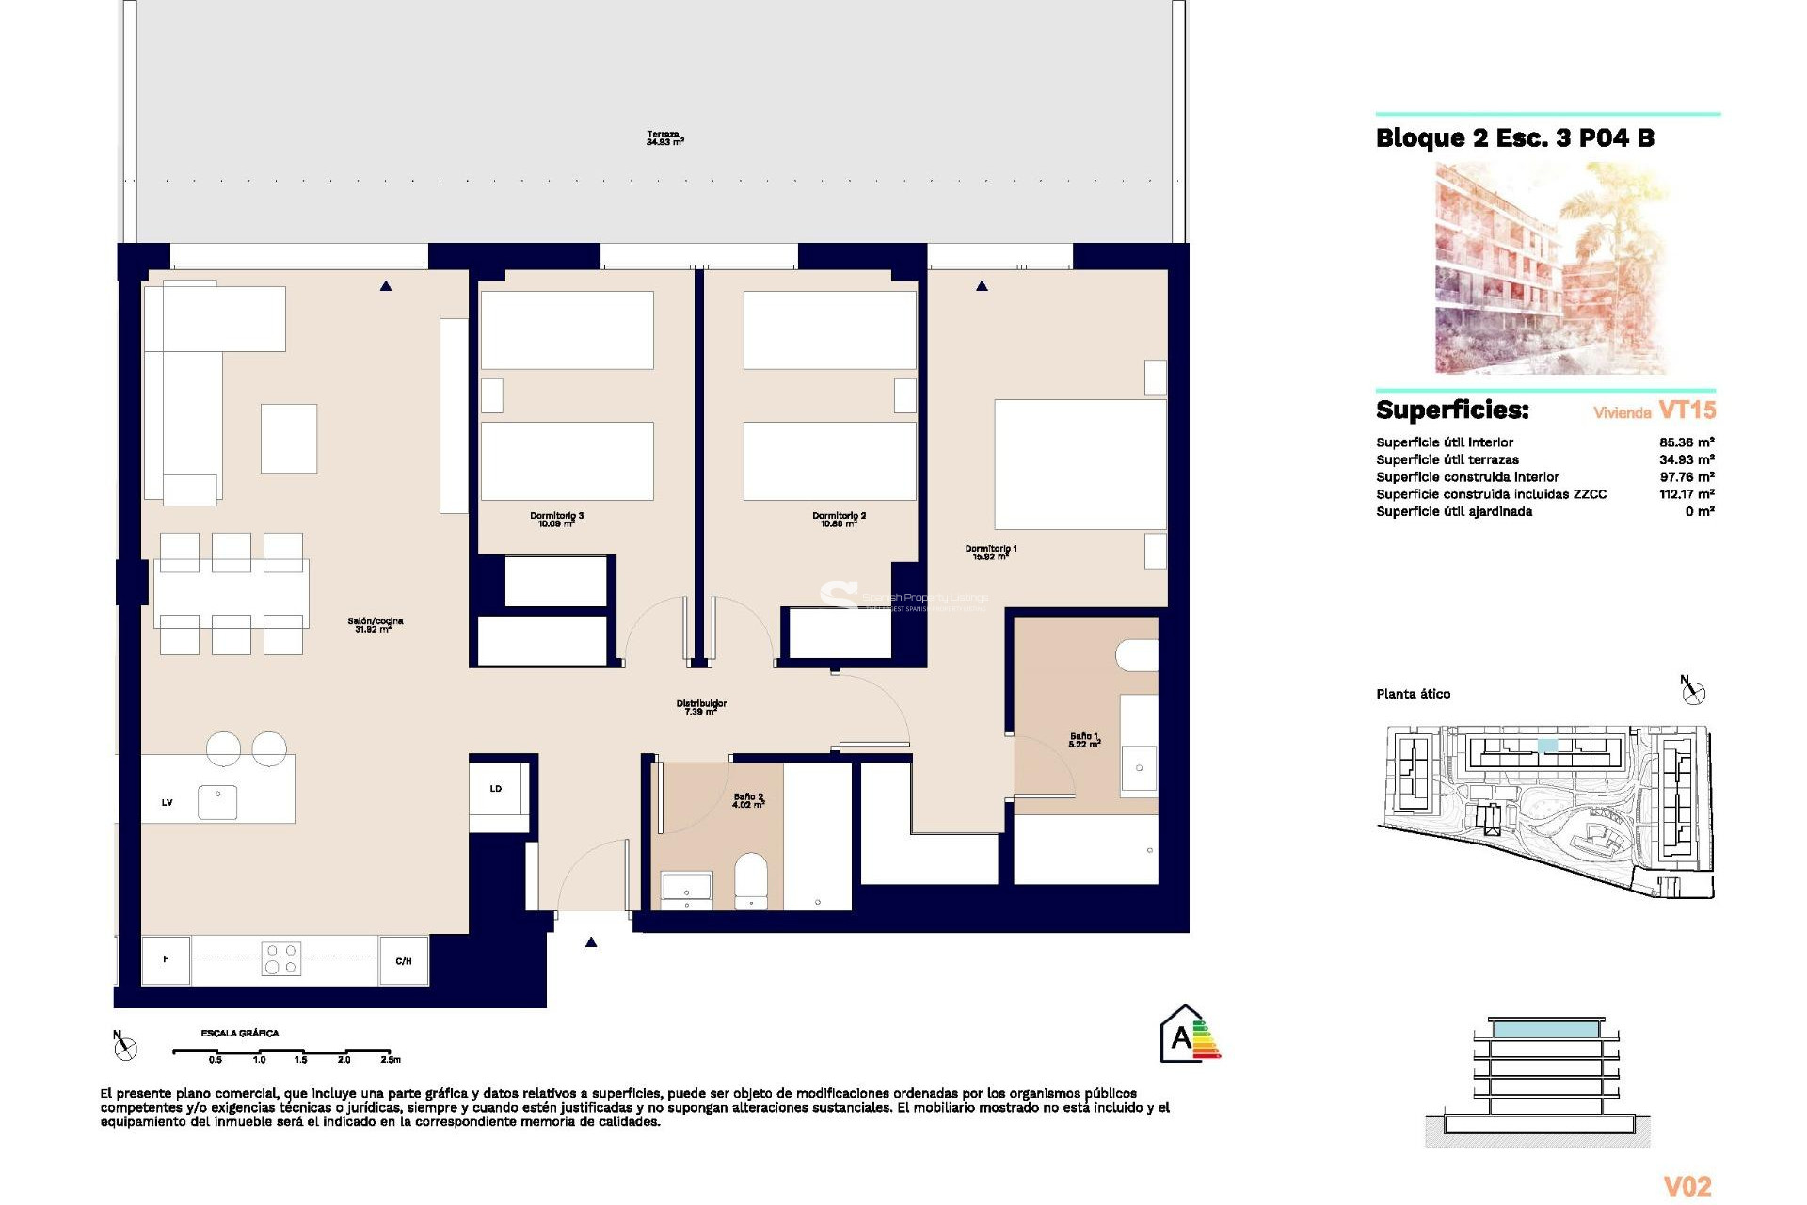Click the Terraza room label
(x=664, y=138)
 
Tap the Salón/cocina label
(x=375, y=625)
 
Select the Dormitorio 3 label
(x=556, y=520)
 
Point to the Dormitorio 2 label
(x=839, y=520)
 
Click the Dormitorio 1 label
(x=990, y=553)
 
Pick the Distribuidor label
(x=701, y=707)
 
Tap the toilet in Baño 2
(x=751, y=879)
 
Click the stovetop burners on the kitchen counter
(x=280, y=959)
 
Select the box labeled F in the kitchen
(x=166, y=960)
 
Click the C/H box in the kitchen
(x=404, y=961)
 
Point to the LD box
(x=496, y=789)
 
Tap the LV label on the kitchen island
(x=168, y=803)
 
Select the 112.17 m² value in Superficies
(x=1686, y=494)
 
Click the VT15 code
(x=1687, y=410)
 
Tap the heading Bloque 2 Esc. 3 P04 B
(x=1514, y=138)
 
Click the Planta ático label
(x=1413, y=694)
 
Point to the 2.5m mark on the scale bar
(x=390, y=1059)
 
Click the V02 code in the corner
(x=1687, y=1186)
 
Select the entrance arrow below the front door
(x=591, y=942)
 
